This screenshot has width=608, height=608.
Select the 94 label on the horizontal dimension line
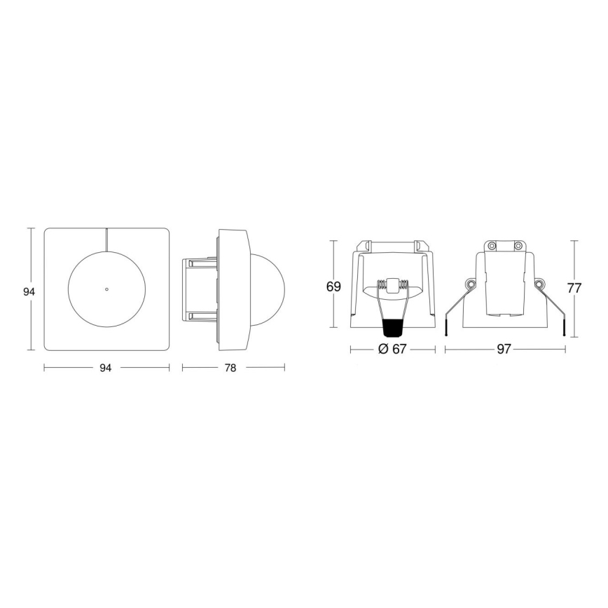tap(106, 367)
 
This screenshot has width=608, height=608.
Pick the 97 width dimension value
tap(504, 350)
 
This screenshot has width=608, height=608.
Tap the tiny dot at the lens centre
tap(106, 289)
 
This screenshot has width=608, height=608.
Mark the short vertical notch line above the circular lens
tap(106, 237)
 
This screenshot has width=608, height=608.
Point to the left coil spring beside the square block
tap(380, 285)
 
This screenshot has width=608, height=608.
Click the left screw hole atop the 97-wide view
tap(492, 246)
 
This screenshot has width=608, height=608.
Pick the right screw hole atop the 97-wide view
tap(518, 246)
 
